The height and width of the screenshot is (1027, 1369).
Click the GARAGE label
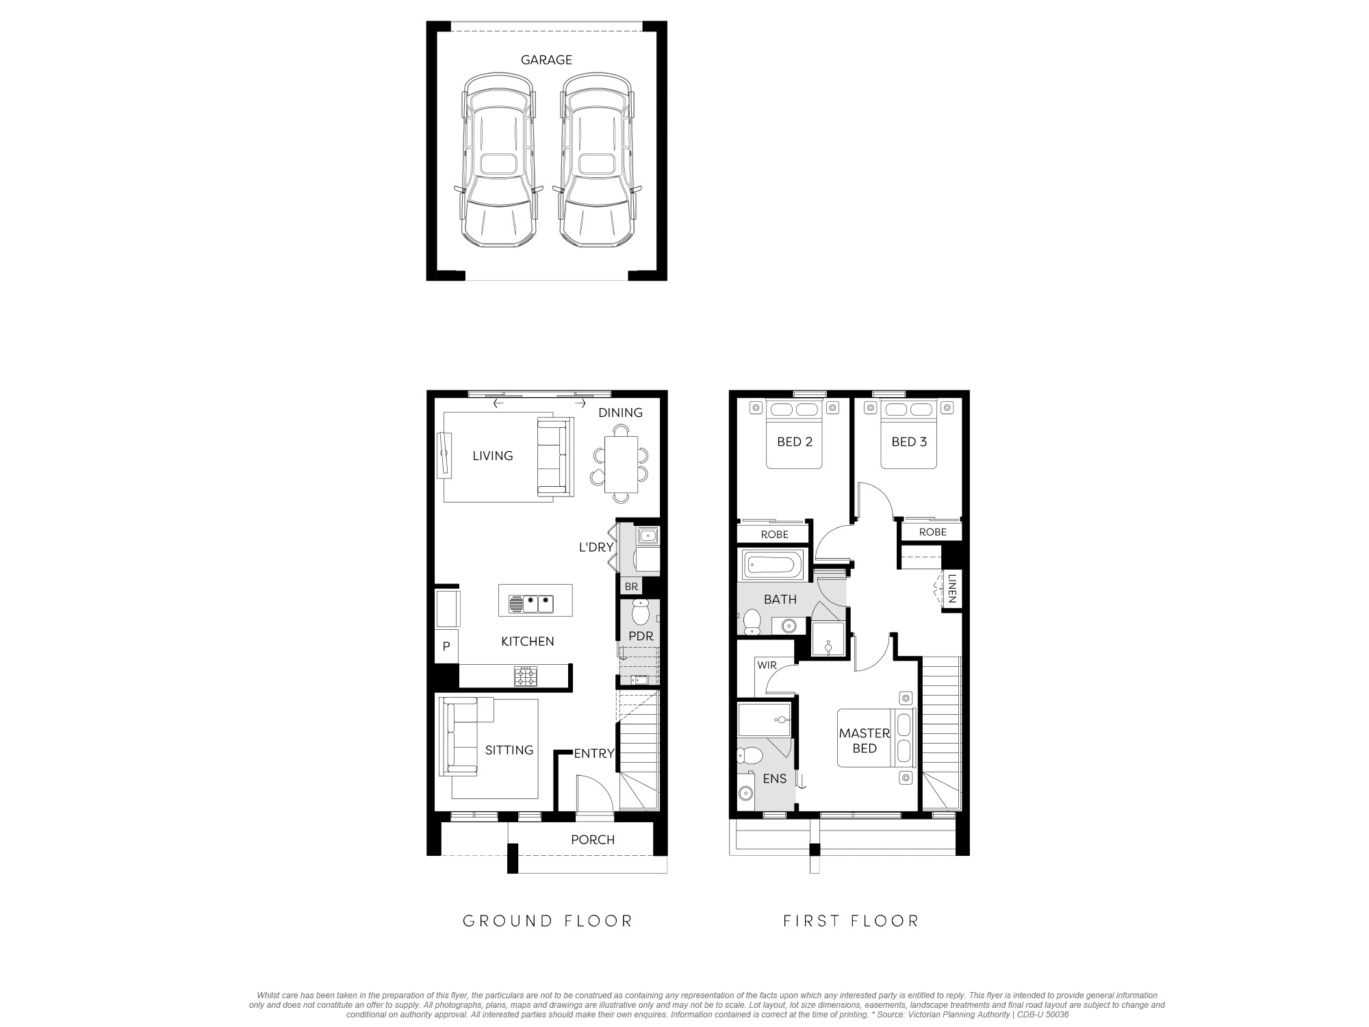[546, 60]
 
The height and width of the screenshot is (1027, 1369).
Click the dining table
[621, 464]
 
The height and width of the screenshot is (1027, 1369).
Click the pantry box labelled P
[446, 646]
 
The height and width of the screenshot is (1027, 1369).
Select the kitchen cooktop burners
[526, 676]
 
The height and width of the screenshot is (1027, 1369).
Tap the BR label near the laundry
[631, 587]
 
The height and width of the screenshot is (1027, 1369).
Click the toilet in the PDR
[640, 611]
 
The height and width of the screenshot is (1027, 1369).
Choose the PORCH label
[593, 839]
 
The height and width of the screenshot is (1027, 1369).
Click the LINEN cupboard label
[951, 589]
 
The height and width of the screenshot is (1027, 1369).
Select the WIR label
[767, 665]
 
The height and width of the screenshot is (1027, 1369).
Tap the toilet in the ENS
[750, 756]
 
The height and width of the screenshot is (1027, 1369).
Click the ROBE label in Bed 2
[775, 534]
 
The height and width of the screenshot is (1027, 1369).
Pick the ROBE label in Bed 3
[933, 532]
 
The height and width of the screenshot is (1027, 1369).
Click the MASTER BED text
[865, 741]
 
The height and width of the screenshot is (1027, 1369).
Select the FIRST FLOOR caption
[851, 921]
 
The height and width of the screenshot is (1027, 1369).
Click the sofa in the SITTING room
[465, 737]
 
